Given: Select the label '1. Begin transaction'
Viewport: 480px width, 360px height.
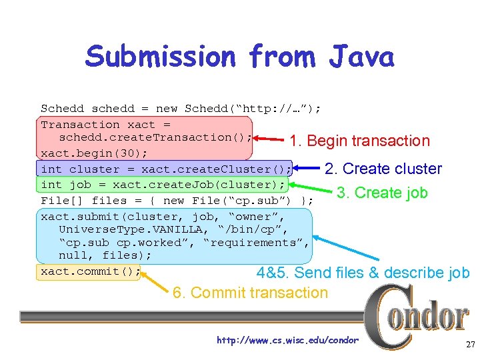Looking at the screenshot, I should (359, 141).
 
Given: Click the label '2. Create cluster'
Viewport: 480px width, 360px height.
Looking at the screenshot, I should (383, 169).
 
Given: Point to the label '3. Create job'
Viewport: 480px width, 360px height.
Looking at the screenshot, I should (381, 193).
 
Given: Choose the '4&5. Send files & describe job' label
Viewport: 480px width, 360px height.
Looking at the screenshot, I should (363, 273).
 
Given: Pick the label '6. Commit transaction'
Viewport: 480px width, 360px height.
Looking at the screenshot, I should (250, 293).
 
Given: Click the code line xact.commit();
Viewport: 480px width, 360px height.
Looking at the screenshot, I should (91, 271).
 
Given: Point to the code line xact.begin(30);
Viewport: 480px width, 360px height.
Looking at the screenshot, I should (85, 153).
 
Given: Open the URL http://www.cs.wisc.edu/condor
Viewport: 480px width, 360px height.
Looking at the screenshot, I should (287, 341).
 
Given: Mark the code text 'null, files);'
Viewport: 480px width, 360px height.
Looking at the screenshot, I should (105, 255).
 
